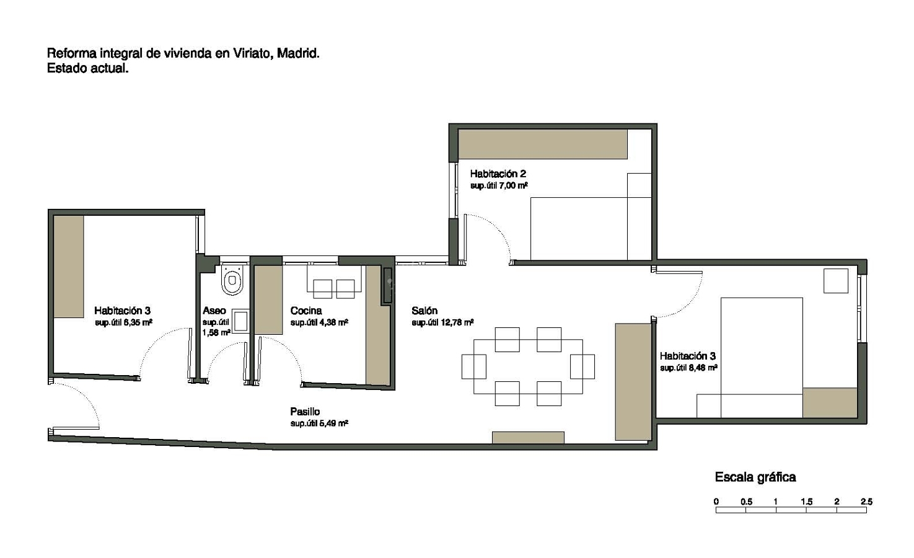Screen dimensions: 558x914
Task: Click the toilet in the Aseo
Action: coord(232,280)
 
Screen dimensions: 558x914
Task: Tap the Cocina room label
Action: coord(306,311)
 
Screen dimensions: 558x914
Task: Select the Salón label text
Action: coord(424,311)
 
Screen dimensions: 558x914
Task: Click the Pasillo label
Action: coord(305,412)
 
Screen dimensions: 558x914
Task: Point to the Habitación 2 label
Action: coord(498,174)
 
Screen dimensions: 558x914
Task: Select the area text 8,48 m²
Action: coord(703,368)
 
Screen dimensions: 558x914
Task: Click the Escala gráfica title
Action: coord(755,477)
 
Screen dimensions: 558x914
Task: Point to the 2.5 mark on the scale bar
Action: coord(866,502)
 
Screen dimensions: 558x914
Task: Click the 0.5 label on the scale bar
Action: coord(746,502)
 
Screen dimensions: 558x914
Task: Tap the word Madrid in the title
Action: coord(298,53)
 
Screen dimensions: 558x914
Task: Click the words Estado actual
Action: coord(88,69)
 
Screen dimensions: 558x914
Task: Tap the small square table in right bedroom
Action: coord(835,280)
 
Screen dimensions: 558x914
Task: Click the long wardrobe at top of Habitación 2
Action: coord(542,144)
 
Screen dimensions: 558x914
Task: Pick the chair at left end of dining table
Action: coord(473,366)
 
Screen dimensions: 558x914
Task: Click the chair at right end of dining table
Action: coord(582,366)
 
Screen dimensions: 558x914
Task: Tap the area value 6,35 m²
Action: coord(138,322)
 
